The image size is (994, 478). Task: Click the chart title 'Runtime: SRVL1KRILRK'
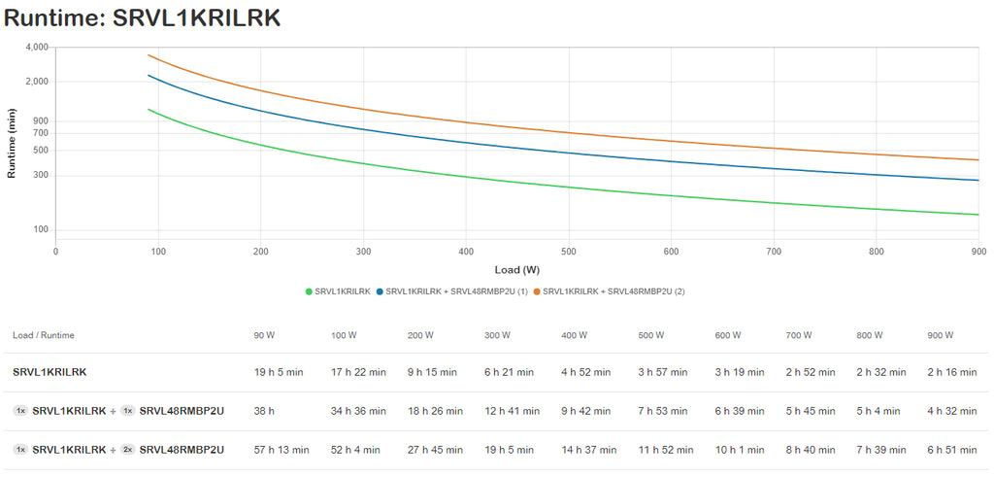pos(144,17)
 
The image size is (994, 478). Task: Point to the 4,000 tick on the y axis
pos(36,47)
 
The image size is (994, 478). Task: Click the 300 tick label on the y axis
pos(40,175)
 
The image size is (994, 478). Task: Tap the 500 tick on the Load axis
pos(568,251)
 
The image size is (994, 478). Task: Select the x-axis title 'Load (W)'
pos(516,269)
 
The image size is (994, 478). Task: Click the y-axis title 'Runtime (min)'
pos(12,143)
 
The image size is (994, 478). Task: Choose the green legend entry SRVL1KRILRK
pos(338,291)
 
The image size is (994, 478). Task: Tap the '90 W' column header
pos(264,335)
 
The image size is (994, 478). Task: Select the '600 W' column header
pos(728,335)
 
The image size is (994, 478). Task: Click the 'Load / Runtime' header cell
pos(44,335)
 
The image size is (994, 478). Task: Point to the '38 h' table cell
pos(264,411)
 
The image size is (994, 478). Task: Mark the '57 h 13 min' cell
pos(282,450)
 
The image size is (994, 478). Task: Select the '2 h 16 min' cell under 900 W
pos(952,372)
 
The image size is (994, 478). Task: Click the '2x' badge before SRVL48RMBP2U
pos(127,450)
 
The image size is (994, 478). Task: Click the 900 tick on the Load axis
pos(977,251)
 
